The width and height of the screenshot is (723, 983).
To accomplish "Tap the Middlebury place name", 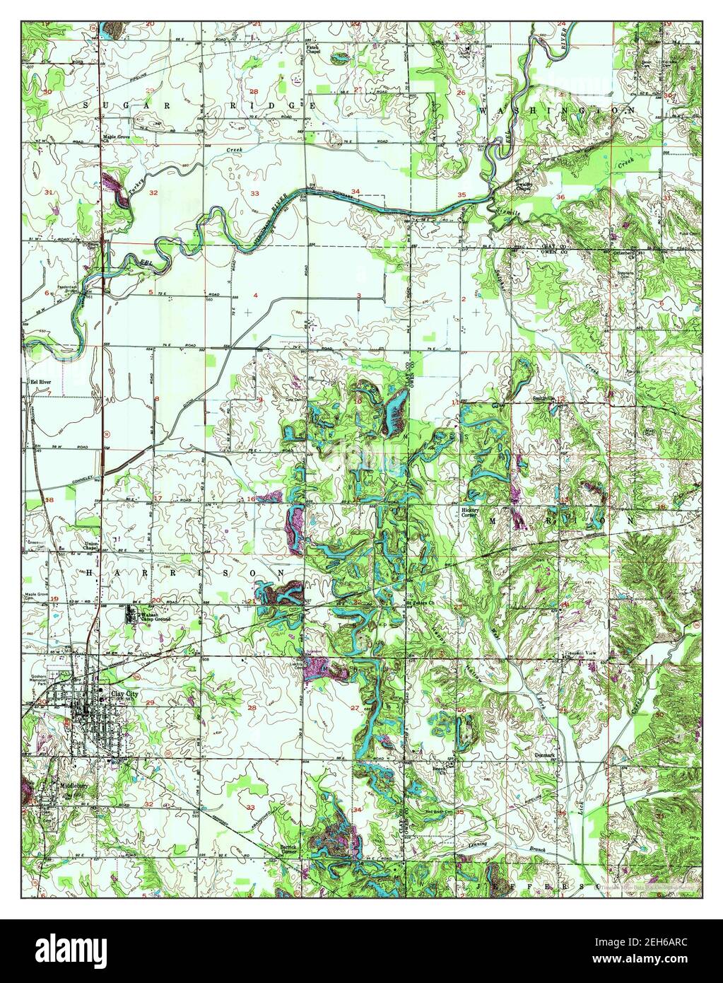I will click(73, 786).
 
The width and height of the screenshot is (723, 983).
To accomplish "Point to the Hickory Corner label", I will click(471, 513).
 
